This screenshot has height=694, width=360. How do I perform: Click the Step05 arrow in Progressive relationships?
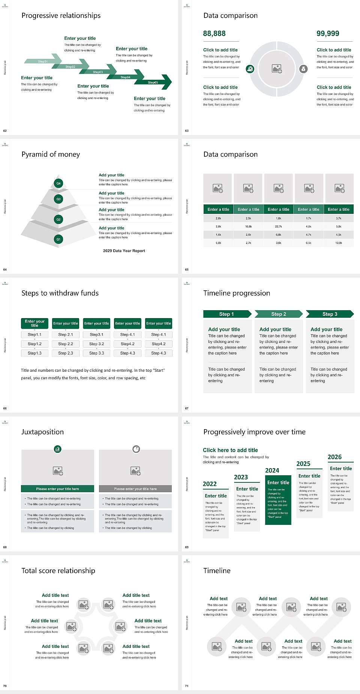pyautogui.click(x=154, y=83)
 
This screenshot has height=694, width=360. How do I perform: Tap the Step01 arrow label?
pyautogui.click(x=43, y=61)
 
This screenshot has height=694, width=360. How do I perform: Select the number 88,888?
pyautogui.click(x=214, y=34)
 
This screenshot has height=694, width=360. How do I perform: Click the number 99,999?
pyautogui.click(x=328, y=34)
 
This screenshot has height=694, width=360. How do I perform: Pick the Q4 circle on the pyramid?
pyautogui.click(x=58, y=183)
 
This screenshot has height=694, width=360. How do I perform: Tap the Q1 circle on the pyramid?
pyautogui.click(x=58, y=239)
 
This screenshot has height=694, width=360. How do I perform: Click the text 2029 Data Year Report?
pyautogui.click(x=124, y=251)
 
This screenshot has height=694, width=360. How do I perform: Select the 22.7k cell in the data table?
pyautogui.click(x=278, y=227)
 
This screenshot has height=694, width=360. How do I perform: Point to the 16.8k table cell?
pyautogui.click(x=248, y=227)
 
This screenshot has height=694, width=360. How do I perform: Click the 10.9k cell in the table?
pyautogui.click(x=339, y=243)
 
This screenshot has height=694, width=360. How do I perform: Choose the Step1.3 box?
pyautogui.click(x=34, y=353)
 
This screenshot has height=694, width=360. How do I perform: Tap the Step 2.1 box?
pyautogui.click(x=66, y=335)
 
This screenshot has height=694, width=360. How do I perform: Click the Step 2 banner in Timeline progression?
pyautogui.click(x=279, y=314)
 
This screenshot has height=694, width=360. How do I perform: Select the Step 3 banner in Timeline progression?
pyautogui.click(x=330, y=314)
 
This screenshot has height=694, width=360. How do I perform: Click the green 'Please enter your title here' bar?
pyautogui.click(x=58, y=489)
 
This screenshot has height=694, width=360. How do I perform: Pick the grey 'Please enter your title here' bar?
pyautogui.click(x=135, y=489)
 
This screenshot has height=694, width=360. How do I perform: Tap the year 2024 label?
pyautogui.click(x=272, y=471)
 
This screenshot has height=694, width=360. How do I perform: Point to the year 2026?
pyautogui.click(x=334, y=457)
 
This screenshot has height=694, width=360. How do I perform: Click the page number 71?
pyautogui.click(x=187, y=686)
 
